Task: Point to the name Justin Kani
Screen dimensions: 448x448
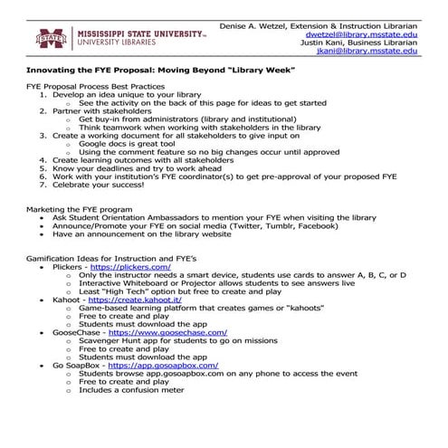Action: tap(329, 41)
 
